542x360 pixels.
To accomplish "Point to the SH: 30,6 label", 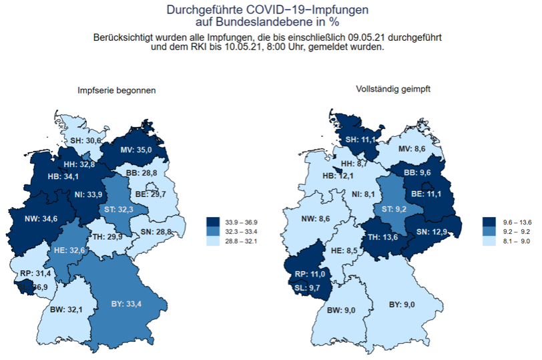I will pyautogui.click(x=86, y=141).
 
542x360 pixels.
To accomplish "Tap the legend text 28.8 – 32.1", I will pyautogui.click(x=240, y=240).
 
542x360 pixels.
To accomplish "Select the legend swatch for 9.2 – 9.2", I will pyautogui.click(x=488, y=230).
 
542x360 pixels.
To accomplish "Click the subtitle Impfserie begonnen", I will pyautogui.click(x=117, y=90).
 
